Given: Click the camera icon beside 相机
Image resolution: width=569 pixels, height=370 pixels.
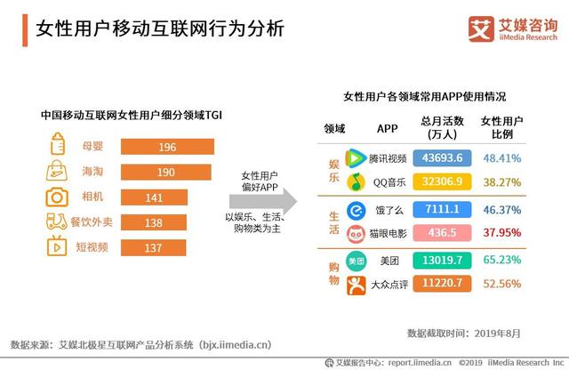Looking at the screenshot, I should tap(57, 197).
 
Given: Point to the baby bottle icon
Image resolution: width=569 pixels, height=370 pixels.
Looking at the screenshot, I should tap(57, 145).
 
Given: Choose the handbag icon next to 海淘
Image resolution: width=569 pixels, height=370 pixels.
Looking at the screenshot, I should tap(57, 171).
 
